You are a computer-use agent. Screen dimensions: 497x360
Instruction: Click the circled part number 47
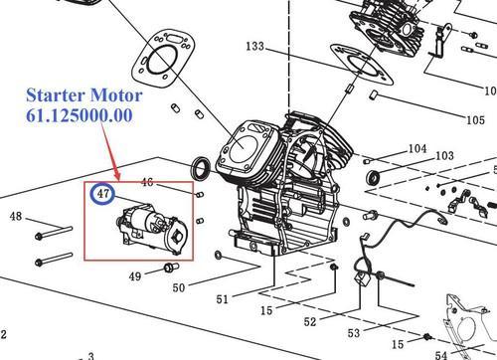click(x=103, y=193)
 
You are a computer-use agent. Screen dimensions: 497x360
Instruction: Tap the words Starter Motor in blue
click(x=84, y=95)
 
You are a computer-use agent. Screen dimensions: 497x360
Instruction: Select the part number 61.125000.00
click(x=80, y=115)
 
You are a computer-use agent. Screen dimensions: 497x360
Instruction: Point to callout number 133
click(x=255, y=46)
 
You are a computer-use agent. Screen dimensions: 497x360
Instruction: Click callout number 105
click(x=475, y=119)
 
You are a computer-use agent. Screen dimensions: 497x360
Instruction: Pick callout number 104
click(x=417, y=148)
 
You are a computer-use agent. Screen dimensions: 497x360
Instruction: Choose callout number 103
click(x=444, y=155)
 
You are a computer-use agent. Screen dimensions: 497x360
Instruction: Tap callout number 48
click(x=16, y=216)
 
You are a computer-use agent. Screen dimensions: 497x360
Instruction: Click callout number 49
click(x=135, y=275)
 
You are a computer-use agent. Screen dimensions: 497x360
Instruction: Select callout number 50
click(x=179, y=287)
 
